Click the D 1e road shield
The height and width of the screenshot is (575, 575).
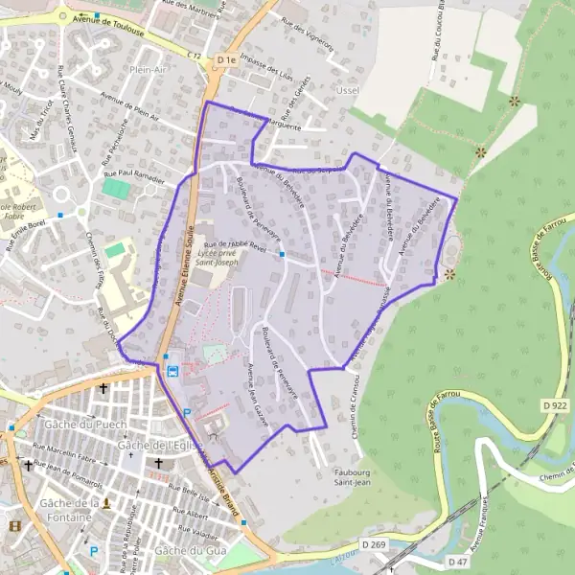(226, 60)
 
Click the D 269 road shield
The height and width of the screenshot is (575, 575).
(375, 544)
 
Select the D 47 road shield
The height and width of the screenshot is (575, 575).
(457, 562)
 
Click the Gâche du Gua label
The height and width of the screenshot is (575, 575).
(188, 550)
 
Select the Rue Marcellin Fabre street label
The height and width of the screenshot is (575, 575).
(68, 448)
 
